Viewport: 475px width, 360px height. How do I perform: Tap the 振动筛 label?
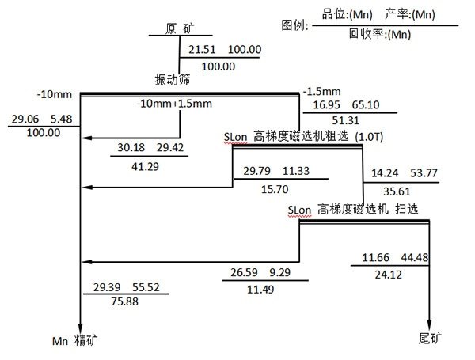tap(173, 79)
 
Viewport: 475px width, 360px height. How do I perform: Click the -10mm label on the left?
tap(55, 95)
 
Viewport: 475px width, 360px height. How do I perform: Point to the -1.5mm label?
tap(320, 91)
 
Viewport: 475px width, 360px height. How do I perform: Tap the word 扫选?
tap(406, 209)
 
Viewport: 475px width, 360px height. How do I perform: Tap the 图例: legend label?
tap(295, 25)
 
